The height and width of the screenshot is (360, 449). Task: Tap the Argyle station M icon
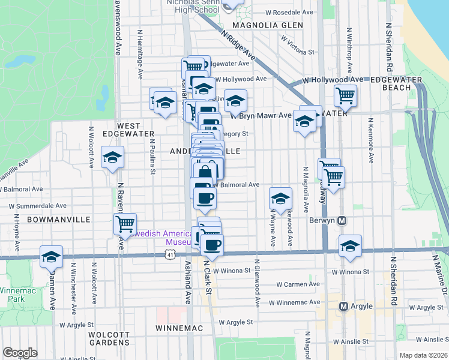344,307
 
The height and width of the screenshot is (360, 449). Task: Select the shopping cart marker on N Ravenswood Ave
125,224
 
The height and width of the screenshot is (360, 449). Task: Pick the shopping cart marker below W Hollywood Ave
346,94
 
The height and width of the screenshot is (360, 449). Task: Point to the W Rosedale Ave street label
291,12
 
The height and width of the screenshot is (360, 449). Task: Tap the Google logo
20,353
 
